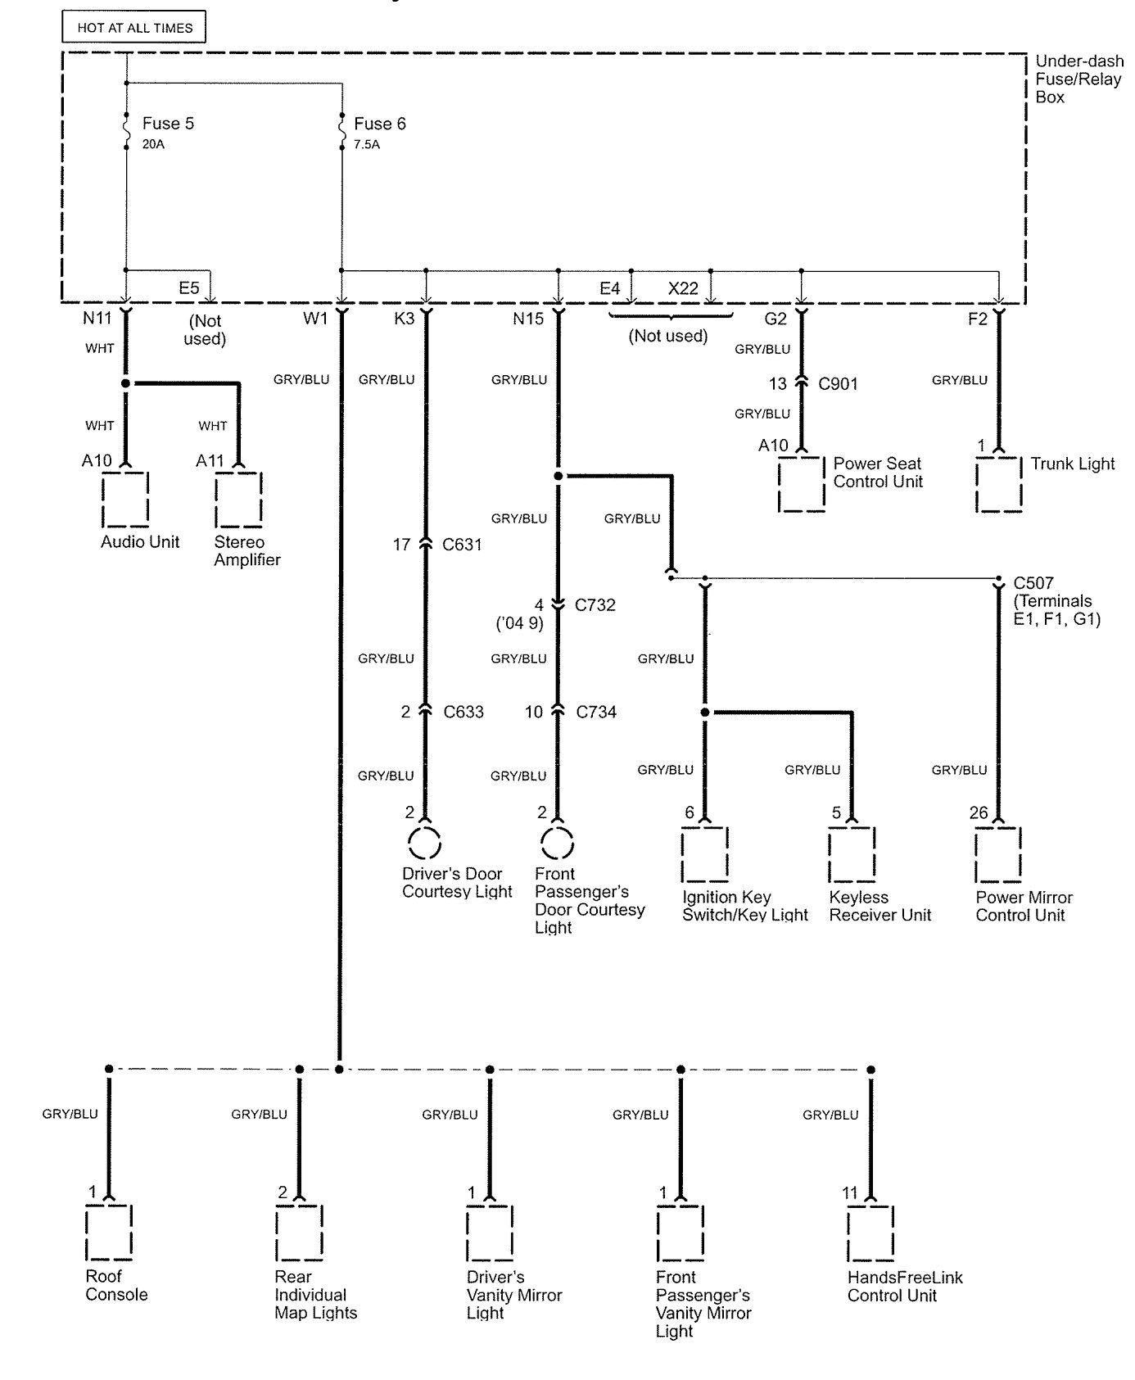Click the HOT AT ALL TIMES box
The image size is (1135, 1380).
(133, 28)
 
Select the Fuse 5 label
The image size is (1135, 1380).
(168, 124)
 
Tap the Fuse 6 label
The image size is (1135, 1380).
(379, 124)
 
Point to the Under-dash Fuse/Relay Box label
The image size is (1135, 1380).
(1078, 79)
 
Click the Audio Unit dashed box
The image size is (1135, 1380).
(125, 499)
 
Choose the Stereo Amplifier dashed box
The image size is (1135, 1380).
(239, 499)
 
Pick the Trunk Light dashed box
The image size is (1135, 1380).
(999, 484)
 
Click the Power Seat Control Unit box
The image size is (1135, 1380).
(802, 484)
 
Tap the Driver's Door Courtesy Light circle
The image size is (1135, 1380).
(424, 842)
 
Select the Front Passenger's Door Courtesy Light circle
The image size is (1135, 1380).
(558, 842)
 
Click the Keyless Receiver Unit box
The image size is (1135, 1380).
(852, 853)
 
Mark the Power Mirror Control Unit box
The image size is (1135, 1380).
(998, 853)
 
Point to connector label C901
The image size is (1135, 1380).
(838, 383)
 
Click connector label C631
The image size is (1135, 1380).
(462, 545)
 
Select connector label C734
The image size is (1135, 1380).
(596, 712)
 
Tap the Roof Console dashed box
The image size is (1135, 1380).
(109, 1232)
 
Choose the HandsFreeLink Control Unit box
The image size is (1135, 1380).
(870, 1232)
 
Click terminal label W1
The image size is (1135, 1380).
(315, 319)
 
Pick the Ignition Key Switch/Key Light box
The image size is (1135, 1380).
(705, 853)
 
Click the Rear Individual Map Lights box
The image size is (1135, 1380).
(300, 1232)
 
